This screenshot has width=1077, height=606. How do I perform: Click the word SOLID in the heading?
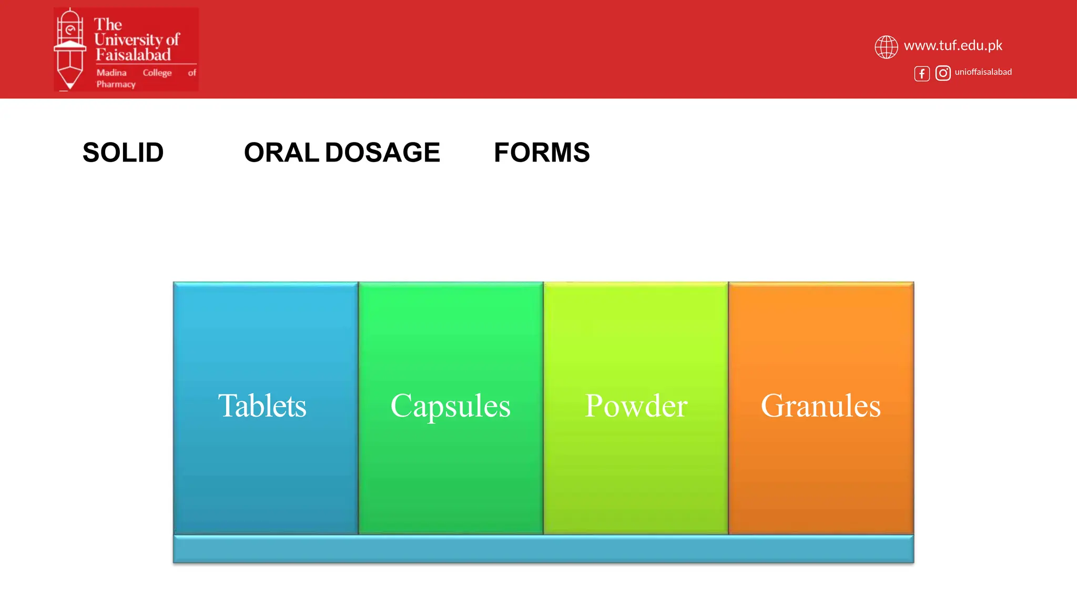123,153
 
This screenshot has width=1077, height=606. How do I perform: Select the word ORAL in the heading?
281,153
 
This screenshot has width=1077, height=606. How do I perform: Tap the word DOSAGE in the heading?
382,153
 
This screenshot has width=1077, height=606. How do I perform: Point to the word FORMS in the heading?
542,153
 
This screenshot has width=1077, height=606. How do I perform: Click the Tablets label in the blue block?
262,406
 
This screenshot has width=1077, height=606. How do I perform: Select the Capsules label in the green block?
450,406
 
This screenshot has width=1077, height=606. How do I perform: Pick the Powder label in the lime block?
636,406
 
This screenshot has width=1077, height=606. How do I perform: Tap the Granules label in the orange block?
820,406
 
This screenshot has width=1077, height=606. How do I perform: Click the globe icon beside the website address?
886,47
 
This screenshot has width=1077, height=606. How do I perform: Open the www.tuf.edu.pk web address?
953,46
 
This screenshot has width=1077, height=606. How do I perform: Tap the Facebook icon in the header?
921,74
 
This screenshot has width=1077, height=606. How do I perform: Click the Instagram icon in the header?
943,73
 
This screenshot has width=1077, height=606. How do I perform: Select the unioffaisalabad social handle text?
983,72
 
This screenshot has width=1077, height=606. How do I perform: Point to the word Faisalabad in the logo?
133,55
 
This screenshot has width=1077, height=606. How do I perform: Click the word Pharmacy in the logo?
116,84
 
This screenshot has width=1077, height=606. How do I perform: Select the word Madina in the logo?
111,73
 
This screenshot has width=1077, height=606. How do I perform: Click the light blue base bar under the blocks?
543,549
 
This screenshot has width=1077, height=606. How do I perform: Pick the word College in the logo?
157,73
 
